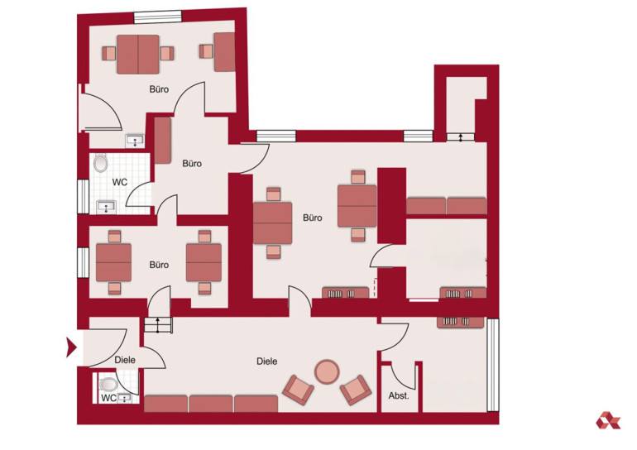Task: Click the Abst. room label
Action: tap(399, 395)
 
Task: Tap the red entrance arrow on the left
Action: tap(71, 347)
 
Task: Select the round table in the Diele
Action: tap(327, 371)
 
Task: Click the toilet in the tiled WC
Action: tap(100, 163)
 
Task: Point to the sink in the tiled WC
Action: tap(107, 207)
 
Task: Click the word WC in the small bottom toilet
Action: tap(108, 399)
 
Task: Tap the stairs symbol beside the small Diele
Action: tap(158, 325)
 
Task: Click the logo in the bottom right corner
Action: tap(608, 420)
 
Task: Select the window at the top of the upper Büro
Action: tap(158, 17)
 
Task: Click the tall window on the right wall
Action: tap(493, 365)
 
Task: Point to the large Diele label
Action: tap(267, 361)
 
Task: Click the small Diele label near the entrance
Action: tap(125, 360)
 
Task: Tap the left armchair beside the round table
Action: tap(298, 390)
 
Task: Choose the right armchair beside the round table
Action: tap(356, 390)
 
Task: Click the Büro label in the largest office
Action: tap(313, 218)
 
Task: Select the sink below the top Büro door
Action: tap(135, 141)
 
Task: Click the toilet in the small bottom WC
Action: tap(108, 384)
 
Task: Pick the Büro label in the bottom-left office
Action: tap(159, 265)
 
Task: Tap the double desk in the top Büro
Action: tap(137, 55)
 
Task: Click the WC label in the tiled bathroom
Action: tap(119, 182)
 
